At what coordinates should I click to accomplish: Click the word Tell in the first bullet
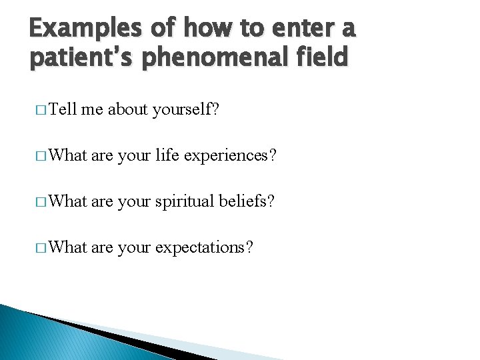pos(63,109)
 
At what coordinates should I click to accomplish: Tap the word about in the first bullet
pos(128,109)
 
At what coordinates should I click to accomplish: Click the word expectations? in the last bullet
pos(204,247)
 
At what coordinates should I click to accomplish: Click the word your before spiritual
pos(134,201)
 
